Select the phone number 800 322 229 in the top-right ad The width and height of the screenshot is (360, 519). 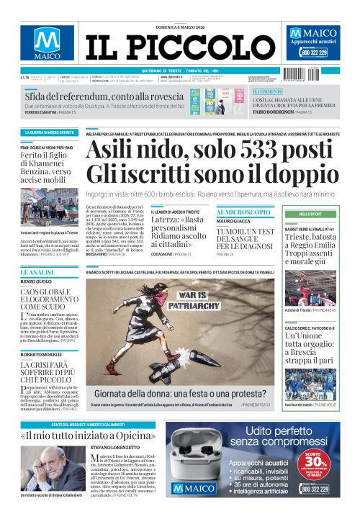(315, 53)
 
